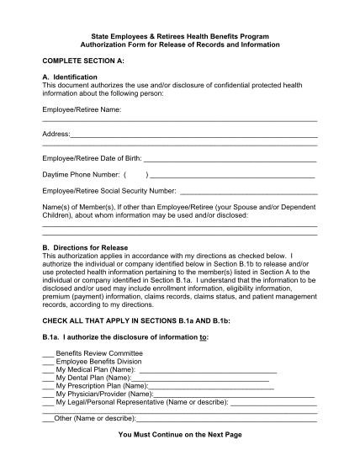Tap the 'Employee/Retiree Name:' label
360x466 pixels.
[82, 109]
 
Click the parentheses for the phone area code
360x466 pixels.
[135, 174]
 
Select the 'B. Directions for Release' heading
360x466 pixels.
[85, 247]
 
